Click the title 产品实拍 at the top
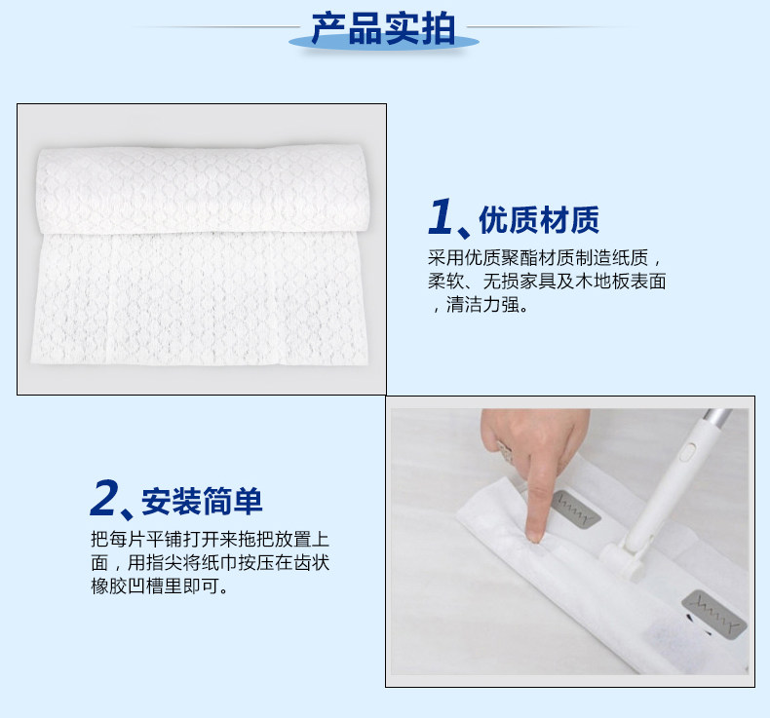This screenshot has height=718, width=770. (383, 29)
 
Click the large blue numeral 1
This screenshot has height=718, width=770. (440, 216)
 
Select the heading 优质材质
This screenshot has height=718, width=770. (539, 220)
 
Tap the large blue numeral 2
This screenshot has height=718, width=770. (104, 498)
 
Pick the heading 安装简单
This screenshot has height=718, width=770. (202, 501)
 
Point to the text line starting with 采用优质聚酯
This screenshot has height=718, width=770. (544, 257)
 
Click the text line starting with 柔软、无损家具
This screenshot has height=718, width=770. (547, 282)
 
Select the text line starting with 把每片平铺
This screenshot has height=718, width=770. (210, 539)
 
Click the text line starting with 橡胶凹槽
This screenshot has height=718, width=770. (159, 586)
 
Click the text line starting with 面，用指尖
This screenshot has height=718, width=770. (210, 562)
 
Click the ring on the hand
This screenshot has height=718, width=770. (504, 451)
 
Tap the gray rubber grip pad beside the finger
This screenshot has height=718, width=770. (575, 508)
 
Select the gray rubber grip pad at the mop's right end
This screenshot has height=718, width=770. (714, 615)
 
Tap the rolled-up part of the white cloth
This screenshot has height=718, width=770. (202, 189)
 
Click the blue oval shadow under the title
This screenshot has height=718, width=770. (383, 43)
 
